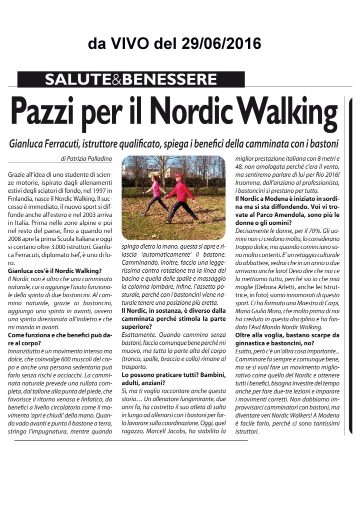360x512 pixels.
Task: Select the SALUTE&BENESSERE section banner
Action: coord(130,79)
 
